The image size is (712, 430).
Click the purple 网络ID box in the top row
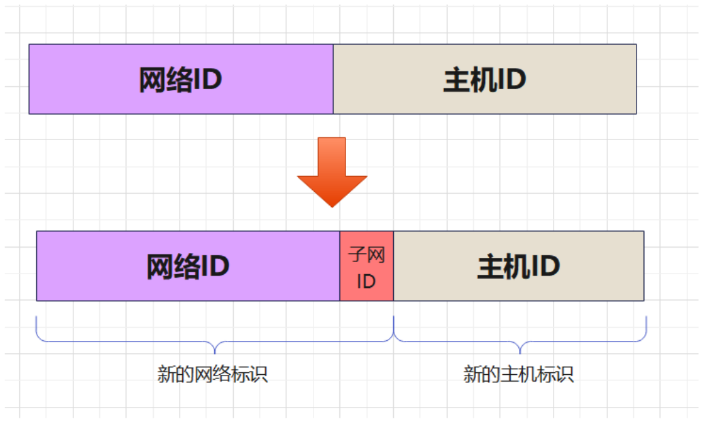(x=181, y=79)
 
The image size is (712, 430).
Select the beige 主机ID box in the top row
(x=485, y=79)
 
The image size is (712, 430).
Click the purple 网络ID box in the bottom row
(x=188, y=266)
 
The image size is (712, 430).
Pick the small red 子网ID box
(x=367, y=266)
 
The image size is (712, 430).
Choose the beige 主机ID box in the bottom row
(x=519, y=266)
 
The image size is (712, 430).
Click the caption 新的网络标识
(x=213, y=374)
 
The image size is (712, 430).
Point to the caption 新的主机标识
(x=519, y=374)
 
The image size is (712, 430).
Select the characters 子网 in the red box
(x=367, y=255)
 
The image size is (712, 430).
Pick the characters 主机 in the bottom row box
(x=498, y=267)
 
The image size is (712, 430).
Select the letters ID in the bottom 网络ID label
(x=216, y=267)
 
